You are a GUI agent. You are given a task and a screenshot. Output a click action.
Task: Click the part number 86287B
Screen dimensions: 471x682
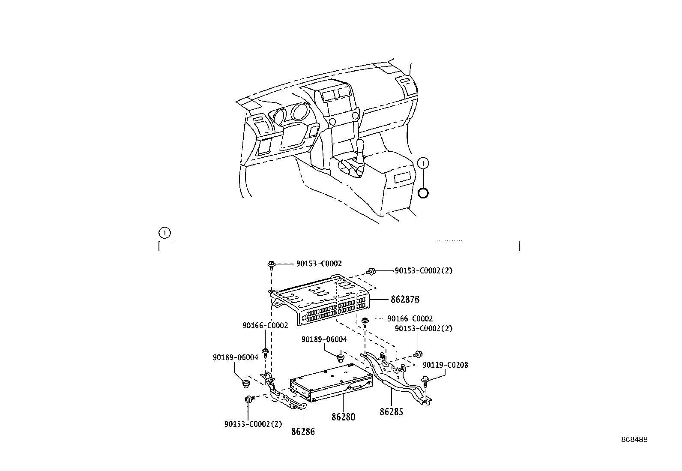pyautogui.click(x=404, y=299)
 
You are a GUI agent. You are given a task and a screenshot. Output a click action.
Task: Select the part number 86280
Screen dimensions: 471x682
pyautogui.click(x=343, y=417)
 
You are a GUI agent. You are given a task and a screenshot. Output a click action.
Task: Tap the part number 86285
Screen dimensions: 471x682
pyautogui.click(x=391, y=412)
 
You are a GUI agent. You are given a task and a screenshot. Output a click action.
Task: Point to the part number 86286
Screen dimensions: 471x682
pyautogui.click(x=303, y=431)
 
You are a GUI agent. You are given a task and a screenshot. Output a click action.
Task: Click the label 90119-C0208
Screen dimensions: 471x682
pyautogui.click(x=445, y=365)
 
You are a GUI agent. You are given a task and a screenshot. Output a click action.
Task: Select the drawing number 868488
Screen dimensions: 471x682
pyautogui.click(x=634, y=440)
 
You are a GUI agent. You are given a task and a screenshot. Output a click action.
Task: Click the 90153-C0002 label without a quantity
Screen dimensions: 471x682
pyautogui.click(x=319, y=264)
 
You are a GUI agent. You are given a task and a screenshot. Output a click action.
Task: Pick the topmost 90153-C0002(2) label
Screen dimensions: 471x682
pyautogui.click(x=423, y=270)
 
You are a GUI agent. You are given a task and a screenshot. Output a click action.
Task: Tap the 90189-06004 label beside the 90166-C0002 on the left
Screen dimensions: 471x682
pyautogui.click(x=235, y=357)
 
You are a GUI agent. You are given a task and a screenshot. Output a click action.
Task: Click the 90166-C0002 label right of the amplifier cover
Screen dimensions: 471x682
pyautogui.click(x=410, y=318)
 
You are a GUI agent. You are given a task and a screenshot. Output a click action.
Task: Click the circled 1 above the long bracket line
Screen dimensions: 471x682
pyautogui.click(x=164, y=233)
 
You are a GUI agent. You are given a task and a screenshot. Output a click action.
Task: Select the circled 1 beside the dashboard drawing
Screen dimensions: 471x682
pyautogui.click(x=423, y=163)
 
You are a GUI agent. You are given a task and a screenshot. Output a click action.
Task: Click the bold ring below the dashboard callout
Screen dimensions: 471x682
pyautogui.click(x=423, y=193)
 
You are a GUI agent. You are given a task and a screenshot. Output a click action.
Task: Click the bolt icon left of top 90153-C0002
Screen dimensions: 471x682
pyautogui.click(x=271, y=264)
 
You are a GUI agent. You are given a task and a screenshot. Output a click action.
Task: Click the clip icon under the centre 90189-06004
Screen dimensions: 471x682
pyautogui.click(x=341, y=357)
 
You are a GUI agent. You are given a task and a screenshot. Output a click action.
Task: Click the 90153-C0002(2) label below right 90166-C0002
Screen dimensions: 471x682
pyautogui.click(x=423, y=328)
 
